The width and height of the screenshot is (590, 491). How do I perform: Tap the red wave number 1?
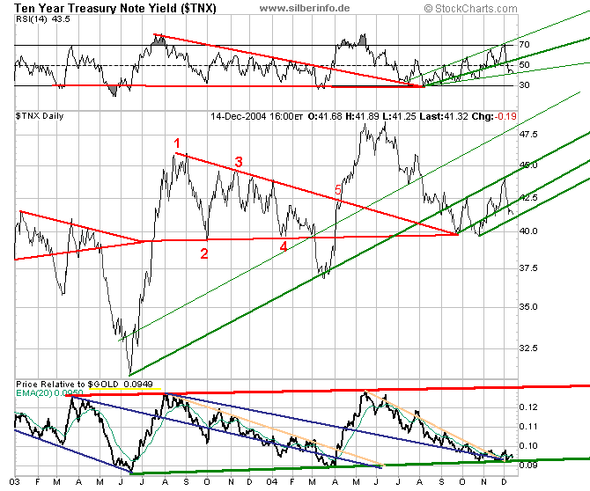pos(176,143)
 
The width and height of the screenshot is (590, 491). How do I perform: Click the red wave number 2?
pos(203,254)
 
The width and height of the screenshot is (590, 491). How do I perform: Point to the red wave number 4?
pos(284,247)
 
